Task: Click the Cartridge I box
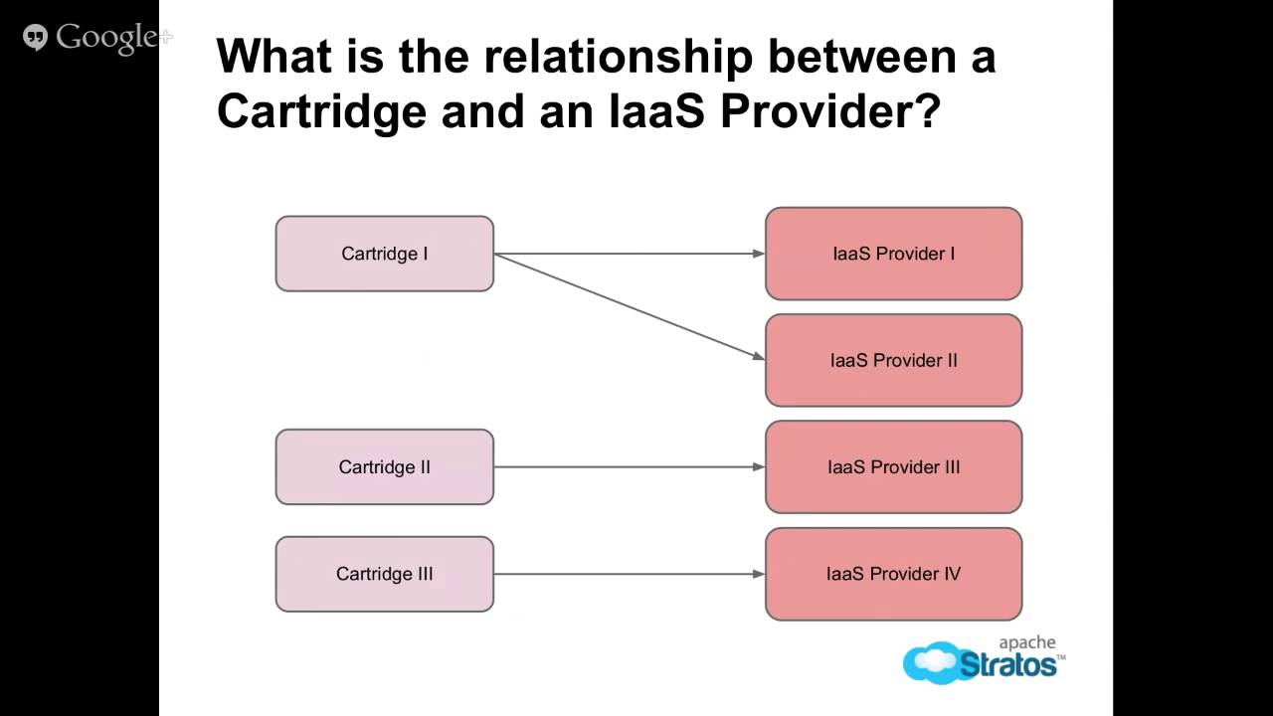pyautogui.click(x=384, y=254)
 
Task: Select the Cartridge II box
pyautogui.click(x=384, y=467)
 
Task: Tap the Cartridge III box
pyautogui.click(x=384, y=574)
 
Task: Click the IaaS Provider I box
pyautogui.click(x=893, y=254)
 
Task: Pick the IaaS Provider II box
pyautogui.click(x=893, y=360)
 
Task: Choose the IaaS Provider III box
pyautogui.click(x=893, y=467)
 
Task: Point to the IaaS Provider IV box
pyautogui.click(x=893, y=574)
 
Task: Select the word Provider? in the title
pyautogui.click(x=829, y=112)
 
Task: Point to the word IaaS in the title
pyautogui.click(x=656, y=112)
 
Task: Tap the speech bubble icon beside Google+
pyautogui.click(x=35, y=39)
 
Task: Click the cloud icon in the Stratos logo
pyautogui.click(x=930, y=662)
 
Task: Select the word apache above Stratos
pyautogui.click(x=1026, y=643)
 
